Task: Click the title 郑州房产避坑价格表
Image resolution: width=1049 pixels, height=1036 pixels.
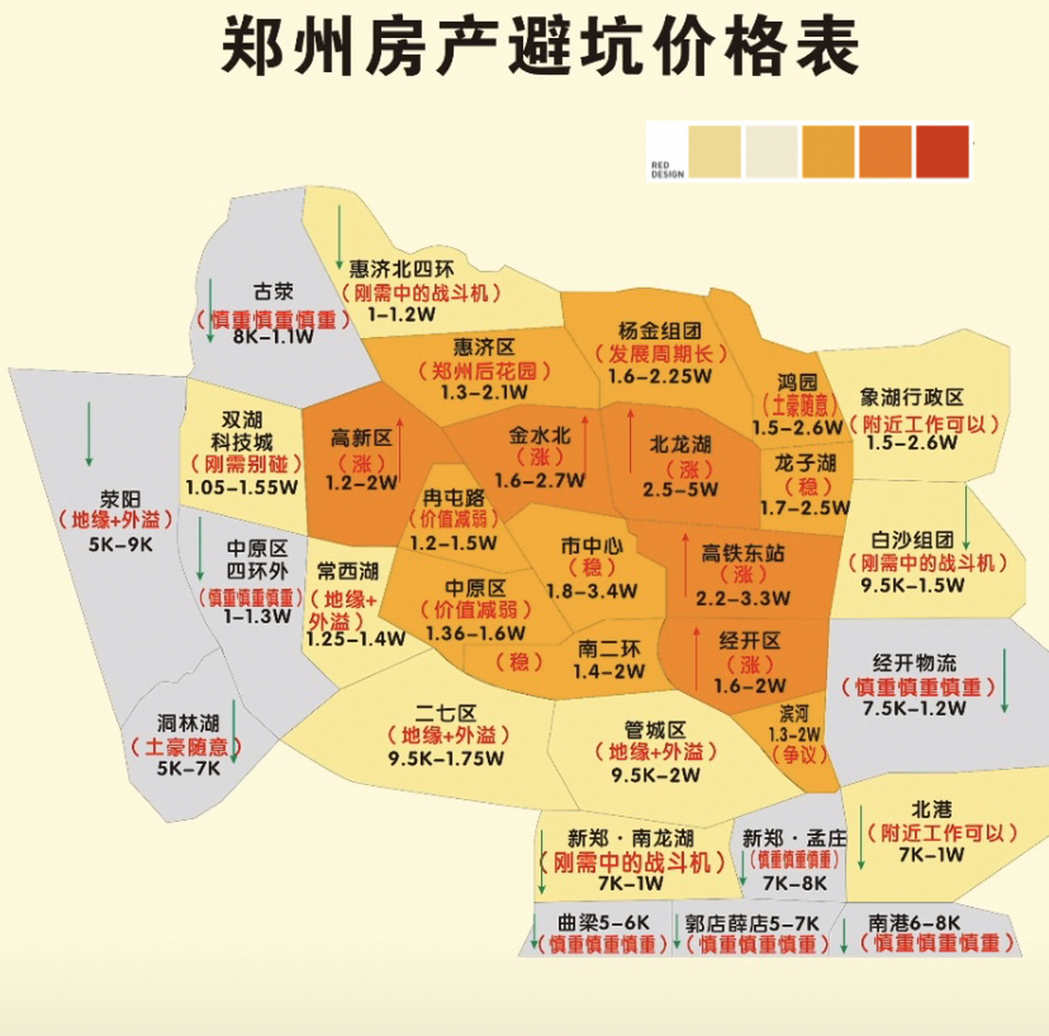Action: point(539,46)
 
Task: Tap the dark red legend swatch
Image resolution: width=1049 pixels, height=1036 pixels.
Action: point(942,151)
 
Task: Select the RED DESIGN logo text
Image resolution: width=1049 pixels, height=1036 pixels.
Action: point(667,169)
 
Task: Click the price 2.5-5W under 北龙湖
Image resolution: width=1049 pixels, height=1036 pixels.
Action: point(680,490)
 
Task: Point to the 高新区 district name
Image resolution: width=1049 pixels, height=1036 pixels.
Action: point(361,439)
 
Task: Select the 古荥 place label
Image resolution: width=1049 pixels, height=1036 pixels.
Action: point(273,291)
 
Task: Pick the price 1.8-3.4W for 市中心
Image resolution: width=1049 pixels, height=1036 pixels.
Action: point(592,591)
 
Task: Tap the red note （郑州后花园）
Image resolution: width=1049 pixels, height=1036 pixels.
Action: point(484,371)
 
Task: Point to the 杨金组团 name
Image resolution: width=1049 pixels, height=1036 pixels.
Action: point(660,331)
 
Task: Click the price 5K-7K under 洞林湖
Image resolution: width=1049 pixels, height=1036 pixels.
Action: point(189,768)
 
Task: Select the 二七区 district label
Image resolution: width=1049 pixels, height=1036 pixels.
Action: point(446,713)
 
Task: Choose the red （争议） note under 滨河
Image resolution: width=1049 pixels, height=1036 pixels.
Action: point(799,754)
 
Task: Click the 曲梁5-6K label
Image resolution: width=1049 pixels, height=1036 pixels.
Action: point(604,923)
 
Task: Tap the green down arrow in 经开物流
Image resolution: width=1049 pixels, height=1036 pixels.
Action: point(1004,681)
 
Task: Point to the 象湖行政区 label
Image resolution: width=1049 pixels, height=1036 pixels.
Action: point(912,397)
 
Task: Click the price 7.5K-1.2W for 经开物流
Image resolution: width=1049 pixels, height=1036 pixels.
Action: point(914,709)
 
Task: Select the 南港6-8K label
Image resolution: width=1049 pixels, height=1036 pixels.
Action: point(915,923)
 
